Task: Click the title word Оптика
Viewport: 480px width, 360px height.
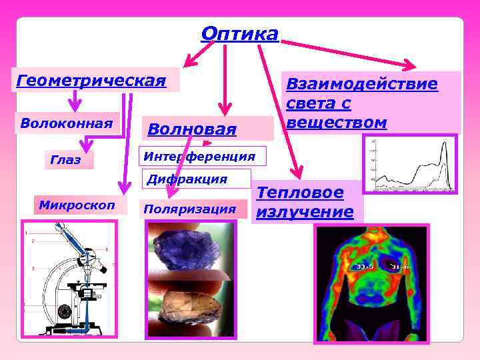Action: click(239, 33)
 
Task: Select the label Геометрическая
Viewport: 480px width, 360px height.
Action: click(91, 81)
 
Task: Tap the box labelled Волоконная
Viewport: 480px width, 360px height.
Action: click(67, 123)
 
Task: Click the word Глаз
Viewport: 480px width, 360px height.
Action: click(65, 160)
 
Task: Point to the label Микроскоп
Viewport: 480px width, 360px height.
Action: click(76, 204)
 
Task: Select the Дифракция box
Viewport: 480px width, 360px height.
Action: click(187, 179)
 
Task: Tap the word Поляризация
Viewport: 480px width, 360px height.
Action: click(190, 209)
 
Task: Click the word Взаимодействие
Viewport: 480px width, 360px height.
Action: click(362, 84)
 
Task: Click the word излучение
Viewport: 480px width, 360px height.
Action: click(305, 212)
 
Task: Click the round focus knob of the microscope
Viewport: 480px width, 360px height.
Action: click(65, 311)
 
